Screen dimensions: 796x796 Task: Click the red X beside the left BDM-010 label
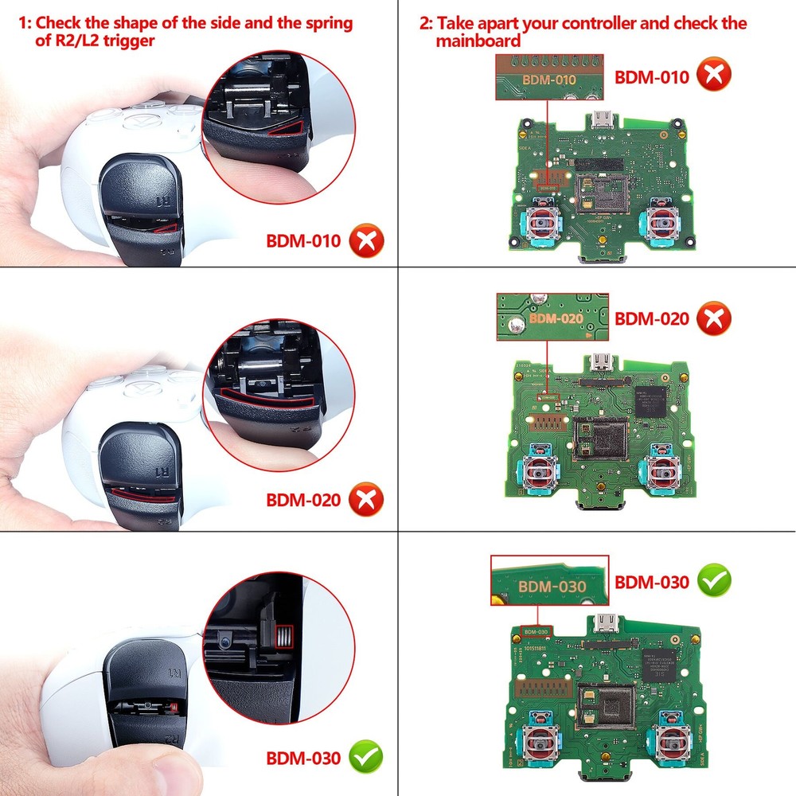[366, 240]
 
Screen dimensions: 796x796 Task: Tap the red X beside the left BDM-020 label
[366, 500]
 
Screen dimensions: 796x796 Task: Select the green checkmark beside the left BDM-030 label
[366, 757]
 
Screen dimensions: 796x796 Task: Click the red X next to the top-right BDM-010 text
[715, 76]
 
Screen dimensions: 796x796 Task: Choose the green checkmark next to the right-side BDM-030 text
[715, 582]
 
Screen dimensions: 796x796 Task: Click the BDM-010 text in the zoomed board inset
[548, 80]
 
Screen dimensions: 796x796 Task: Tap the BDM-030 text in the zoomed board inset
[552, 587]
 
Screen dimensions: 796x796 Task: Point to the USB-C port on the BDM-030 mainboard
[611, 622]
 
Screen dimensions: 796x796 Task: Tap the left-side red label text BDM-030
[302, 758]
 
